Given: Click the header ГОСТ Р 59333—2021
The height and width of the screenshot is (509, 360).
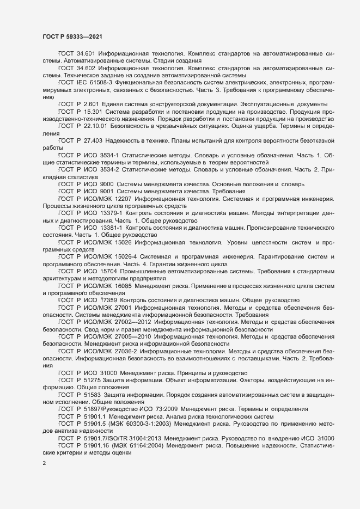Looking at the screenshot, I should tap(71, 35).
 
